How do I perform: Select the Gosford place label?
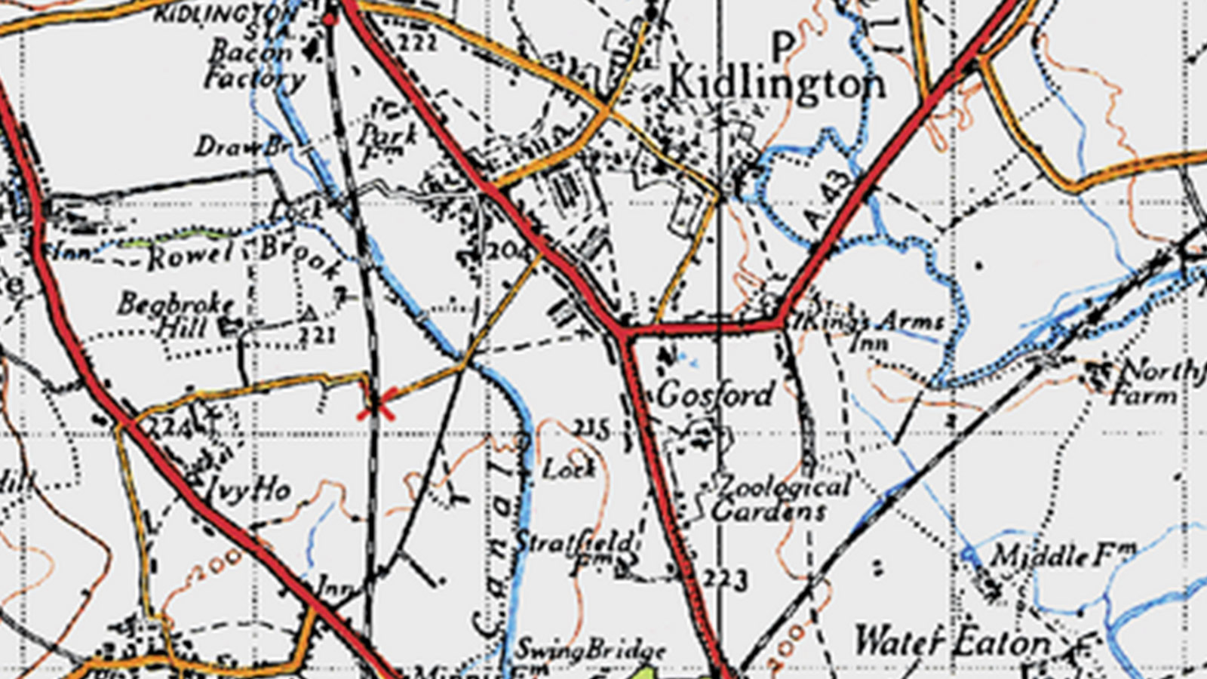715,395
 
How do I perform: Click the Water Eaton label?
952,643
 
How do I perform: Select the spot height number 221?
317,334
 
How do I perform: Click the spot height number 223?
726,579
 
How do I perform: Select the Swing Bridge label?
590,650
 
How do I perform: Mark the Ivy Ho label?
246,491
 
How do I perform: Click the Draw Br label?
243,146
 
